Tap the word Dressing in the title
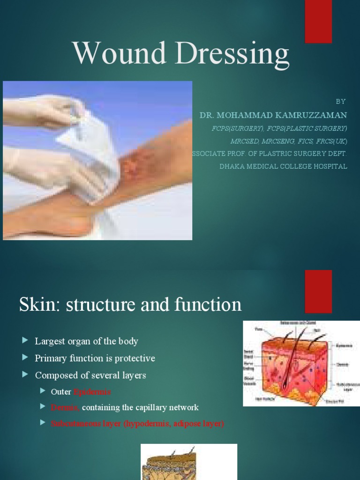click(x=231, y=55)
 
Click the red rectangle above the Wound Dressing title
click(x=318, y=22)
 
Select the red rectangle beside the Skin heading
click(x=318, y=291)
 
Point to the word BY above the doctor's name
click(x=341, y=101)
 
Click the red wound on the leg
click(x=134, y=166)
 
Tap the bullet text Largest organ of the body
click(x=87, y=341)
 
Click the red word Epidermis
click(x=92, y=392)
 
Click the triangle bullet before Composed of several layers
click(x=25, y=375)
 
